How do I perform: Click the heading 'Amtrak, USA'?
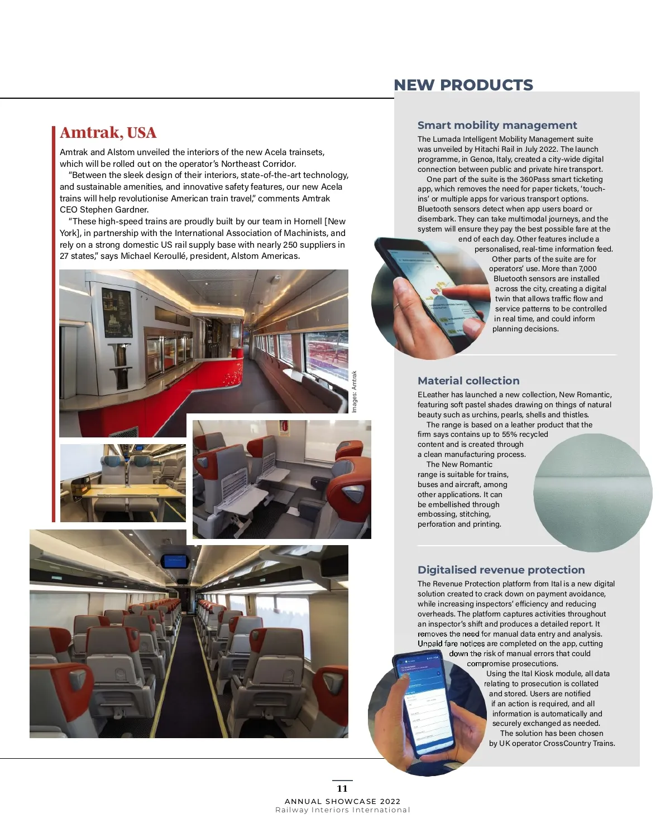pos(108,133)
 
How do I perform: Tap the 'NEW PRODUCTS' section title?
pos(463,85)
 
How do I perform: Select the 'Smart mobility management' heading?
pos(497,126)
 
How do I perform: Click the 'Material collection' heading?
pos(468,381)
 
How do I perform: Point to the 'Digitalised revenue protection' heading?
pos(501,570)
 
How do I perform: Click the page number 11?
pos(342,788)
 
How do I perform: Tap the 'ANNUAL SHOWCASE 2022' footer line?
pos(342,801)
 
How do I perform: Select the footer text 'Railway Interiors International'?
pos(342,810)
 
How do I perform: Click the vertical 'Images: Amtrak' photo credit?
pos(354,392)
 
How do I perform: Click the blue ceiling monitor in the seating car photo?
pos(174,561)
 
